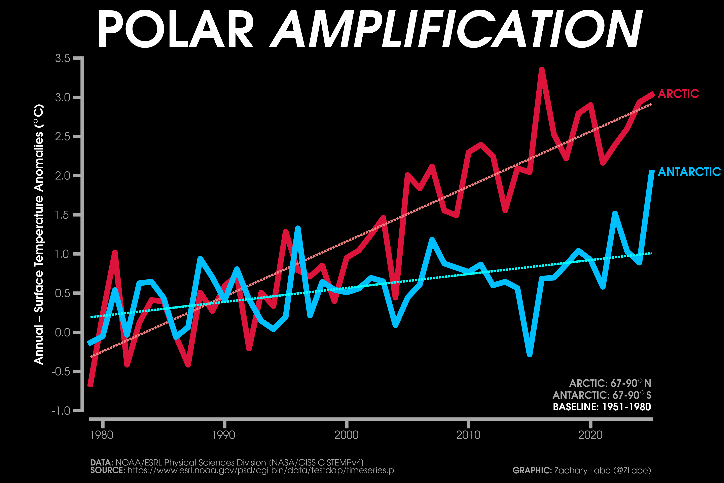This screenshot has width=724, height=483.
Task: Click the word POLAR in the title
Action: (x=175, y=29)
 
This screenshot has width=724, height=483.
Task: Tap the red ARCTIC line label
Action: (x=678, y=94)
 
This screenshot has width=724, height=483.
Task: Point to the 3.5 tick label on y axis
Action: (x=63, y=58)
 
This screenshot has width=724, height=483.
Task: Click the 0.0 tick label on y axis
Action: (x=63, y=332)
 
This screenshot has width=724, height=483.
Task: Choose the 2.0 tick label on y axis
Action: (x=63, y=175)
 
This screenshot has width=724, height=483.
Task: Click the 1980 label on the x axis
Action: (x=102, y=435)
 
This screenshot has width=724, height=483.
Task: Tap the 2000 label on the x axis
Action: (x=346, y=435)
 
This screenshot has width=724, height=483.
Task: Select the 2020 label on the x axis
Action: (x=590, y=435)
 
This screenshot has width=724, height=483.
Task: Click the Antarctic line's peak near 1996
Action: (x=298, y=228)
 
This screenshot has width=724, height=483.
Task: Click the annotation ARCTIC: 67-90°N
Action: (x=610, y=383)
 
